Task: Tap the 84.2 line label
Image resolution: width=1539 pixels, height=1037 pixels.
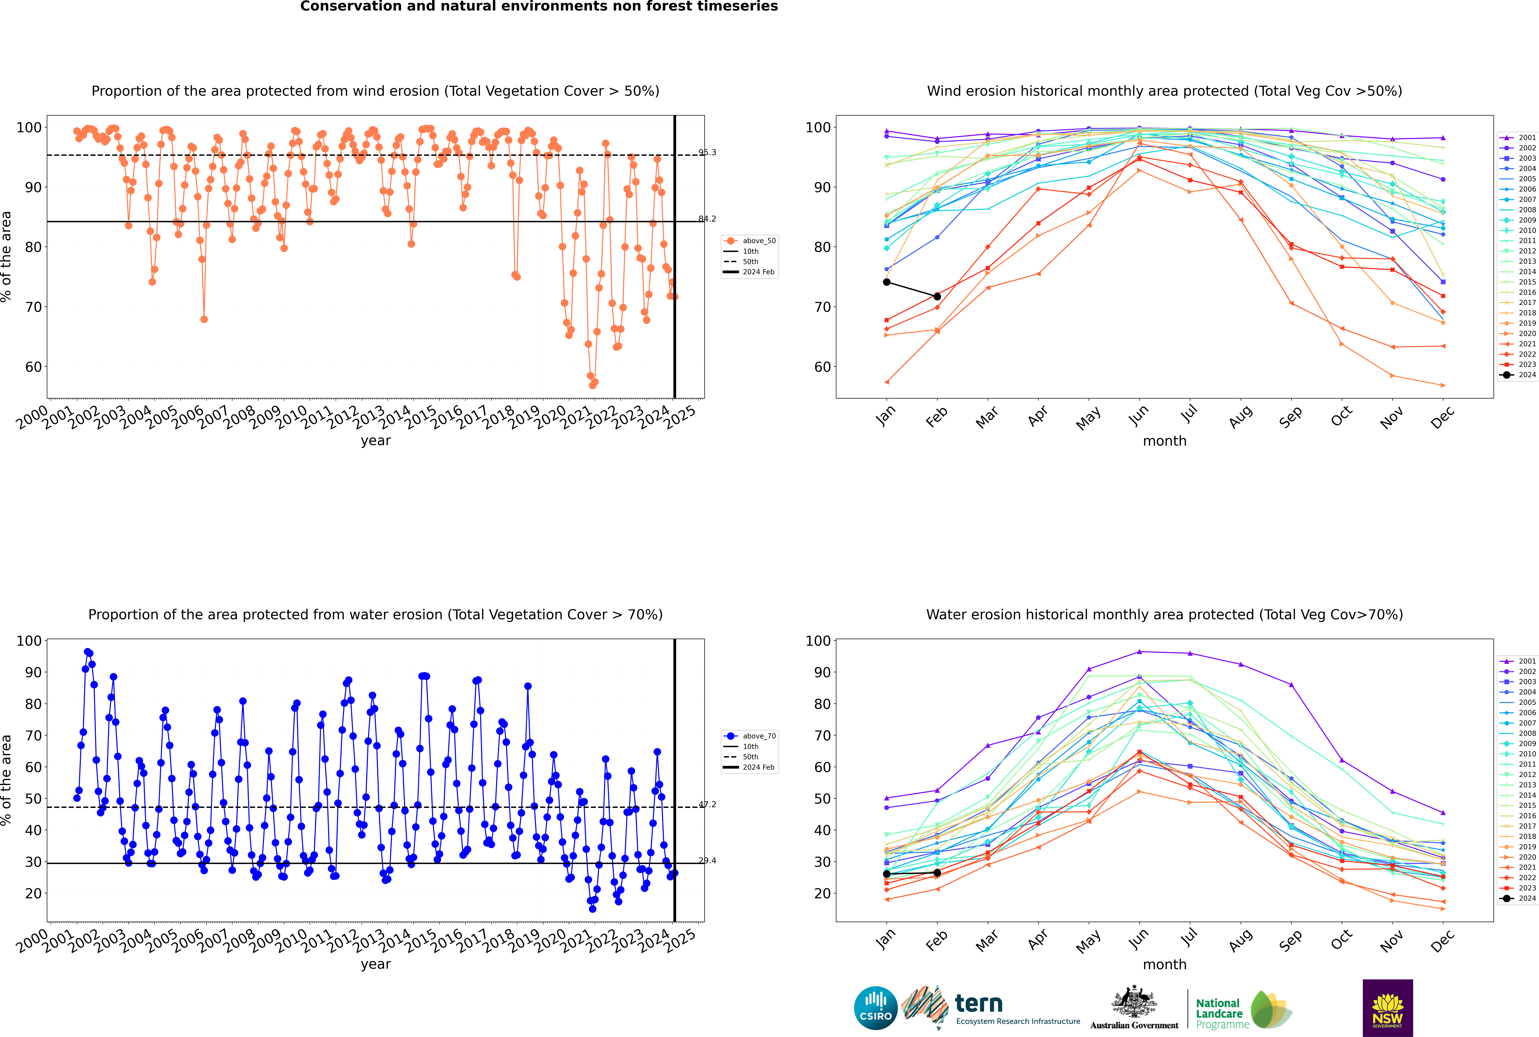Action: [x=707, y=219]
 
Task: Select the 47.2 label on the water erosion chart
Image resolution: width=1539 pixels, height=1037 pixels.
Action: [x=707, y=805]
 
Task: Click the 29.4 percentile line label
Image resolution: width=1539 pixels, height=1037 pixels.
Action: [x=707, y=860]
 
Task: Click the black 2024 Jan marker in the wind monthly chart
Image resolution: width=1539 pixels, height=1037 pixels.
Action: [x=887, y=282]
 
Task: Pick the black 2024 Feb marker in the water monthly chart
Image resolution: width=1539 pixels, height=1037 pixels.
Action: [x=937, y=873]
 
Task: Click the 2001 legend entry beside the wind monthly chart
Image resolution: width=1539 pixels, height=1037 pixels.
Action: [x=1518, y=138]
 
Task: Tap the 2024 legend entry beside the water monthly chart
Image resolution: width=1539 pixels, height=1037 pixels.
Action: [x=1518, y=898]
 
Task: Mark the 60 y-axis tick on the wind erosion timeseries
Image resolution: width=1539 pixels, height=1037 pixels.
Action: [x=33, y=367]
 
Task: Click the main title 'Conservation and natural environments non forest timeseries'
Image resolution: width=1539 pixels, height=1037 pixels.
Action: [x=539, y=7]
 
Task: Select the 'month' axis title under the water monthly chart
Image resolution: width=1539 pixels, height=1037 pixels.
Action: [x=1164, y=965]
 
